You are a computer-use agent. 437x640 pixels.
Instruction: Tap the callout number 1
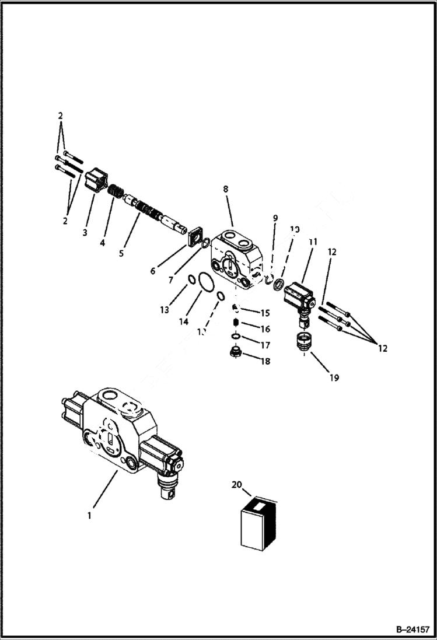click(89, 515)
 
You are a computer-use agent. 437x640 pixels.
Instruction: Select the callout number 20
click(236, 484)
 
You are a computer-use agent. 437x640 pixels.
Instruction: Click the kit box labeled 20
click(258, 523)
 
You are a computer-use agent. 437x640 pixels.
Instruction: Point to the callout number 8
click(225, 189)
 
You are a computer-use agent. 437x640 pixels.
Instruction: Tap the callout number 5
click(121, 253)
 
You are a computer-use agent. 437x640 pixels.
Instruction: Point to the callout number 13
click(165, 309)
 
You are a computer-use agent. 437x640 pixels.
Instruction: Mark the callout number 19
click(333, 377)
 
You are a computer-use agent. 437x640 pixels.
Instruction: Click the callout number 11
click(313, 241)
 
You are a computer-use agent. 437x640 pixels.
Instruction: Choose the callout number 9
click(275, 218)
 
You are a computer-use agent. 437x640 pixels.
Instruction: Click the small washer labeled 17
click(235, 337)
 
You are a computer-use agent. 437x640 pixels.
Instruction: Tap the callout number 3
click(85, 233)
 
